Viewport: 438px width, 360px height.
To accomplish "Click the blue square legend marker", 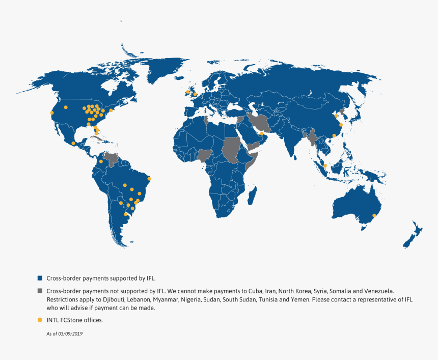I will pos(40,279).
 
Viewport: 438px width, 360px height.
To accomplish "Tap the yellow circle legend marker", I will pos(40,320).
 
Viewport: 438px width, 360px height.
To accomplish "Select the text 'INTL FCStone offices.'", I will pos(74,320).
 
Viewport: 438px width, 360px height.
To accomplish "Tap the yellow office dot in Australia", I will pos(374,215).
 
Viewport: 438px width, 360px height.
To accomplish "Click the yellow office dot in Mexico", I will pos(73,144).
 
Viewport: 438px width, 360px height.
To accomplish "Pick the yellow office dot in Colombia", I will pos(101,162).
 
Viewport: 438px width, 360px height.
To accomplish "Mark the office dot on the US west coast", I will pos(51,113).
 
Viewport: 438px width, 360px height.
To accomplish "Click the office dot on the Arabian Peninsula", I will pos(261,133).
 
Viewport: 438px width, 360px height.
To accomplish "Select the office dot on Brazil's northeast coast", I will pos(149,178).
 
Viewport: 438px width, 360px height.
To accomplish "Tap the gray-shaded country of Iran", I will pos(259,123).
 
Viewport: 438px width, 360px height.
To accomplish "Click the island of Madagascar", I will pos(252,195).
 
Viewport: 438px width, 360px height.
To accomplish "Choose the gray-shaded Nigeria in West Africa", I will pos(204,155).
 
